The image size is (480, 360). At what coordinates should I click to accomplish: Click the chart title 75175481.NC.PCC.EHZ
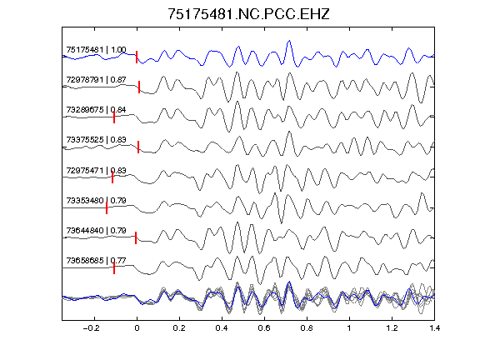point(248,14)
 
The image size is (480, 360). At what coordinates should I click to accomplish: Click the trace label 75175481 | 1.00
point(96,50)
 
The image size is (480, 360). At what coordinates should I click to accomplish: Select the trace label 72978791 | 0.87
point(96,80)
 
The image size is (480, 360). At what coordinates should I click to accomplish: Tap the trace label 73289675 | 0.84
point(96,110)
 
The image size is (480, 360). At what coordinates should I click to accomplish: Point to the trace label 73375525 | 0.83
point(96,140)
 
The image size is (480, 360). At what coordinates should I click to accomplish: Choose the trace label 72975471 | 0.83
point(96,170)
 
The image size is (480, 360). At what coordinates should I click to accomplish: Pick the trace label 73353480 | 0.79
point(96,201)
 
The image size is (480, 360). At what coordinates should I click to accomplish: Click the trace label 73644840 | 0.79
point(96,230)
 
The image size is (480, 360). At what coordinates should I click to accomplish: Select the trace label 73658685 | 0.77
point(96,261)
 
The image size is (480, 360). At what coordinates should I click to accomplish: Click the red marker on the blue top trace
point(137,57)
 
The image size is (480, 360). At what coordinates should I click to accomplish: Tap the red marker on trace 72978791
point(139,87)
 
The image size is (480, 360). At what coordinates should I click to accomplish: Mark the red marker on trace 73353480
point(107,207)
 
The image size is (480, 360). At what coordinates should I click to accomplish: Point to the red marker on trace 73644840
point(136,237)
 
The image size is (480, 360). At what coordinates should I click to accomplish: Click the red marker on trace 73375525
point(138,147)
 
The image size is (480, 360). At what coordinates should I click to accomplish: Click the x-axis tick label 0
point(137,328)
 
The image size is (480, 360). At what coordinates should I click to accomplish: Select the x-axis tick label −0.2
point(91,328)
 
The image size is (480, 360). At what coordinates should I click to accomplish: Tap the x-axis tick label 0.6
point(264,328)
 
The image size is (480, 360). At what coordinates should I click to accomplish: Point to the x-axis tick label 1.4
point(434,328)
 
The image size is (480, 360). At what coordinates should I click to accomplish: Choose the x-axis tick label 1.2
point(392,328)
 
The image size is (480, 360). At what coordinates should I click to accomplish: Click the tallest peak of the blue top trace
point(289,40)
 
